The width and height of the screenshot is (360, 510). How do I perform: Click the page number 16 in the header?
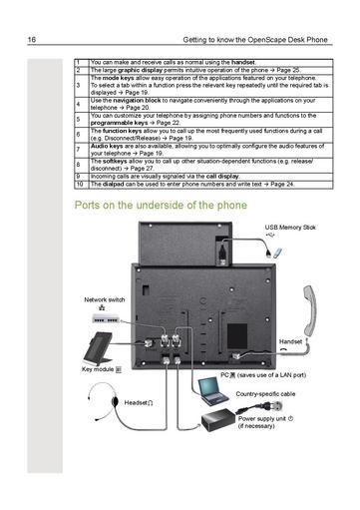pos(33,40)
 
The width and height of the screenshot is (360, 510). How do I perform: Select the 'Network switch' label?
pos(105,299)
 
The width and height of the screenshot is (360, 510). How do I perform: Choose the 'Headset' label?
pos(137,401)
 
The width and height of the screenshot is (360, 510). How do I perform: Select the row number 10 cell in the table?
pos(79,185)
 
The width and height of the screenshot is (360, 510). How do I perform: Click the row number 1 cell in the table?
pos(79,63)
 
